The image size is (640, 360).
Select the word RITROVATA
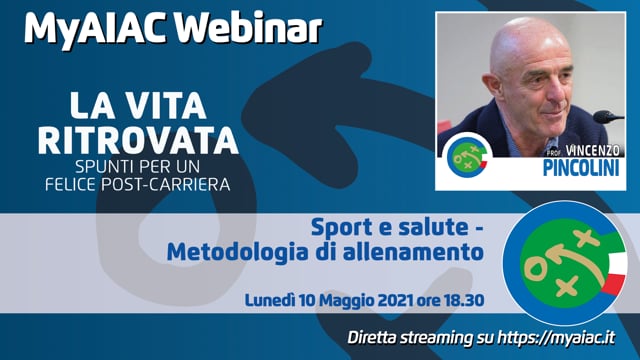[138, 140]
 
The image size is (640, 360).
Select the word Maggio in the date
[341, 299]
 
